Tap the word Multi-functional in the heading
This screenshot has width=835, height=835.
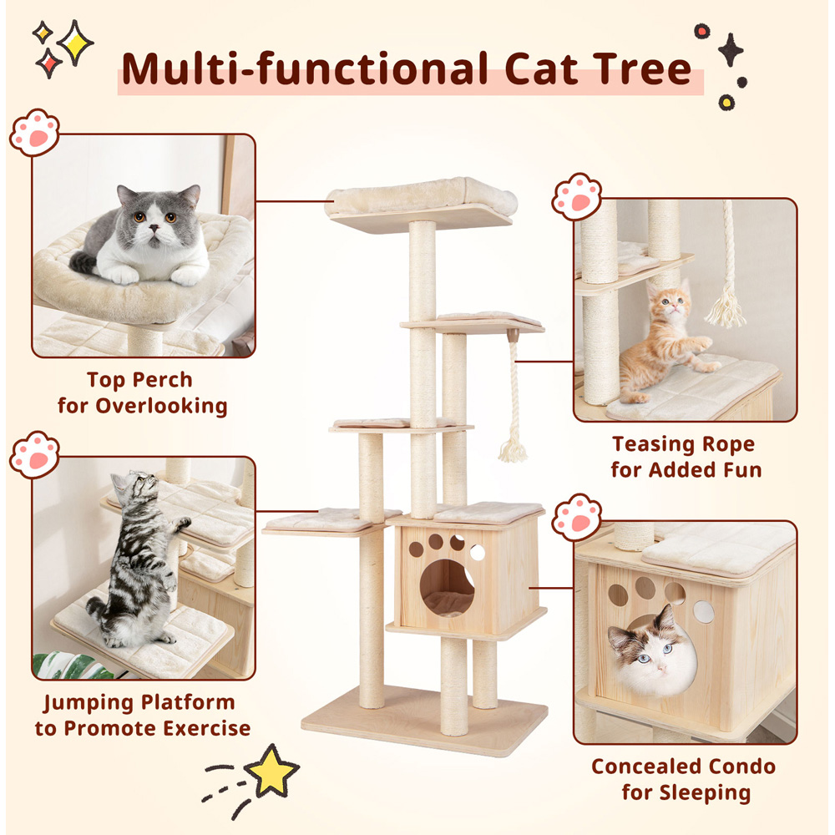coord(305,68)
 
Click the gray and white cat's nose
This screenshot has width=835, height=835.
coord(154,228)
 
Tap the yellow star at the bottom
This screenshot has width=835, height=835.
coord(271,772)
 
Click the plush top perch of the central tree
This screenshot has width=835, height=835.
coord(422,197)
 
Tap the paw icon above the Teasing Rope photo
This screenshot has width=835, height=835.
coord(577,196)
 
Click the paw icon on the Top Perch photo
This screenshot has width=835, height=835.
coord(34,133)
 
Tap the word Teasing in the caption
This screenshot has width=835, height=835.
coord(654,445)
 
